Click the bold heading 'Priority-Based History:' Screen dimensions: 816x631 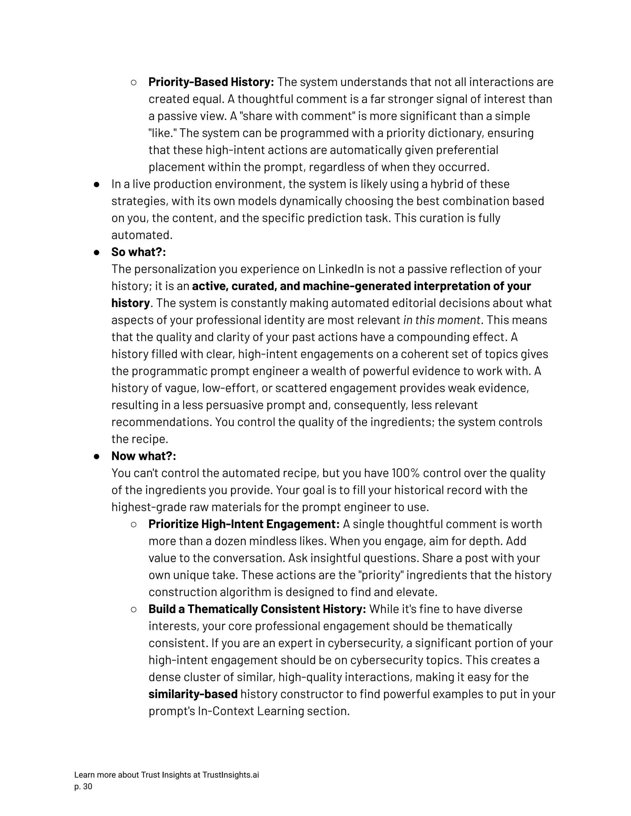211,82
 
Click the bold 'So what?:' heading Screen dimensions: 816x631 138,252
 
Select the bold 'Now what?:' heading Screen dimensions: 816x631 144,456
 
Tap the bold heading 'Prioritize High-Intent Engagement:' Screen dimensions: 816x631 244,524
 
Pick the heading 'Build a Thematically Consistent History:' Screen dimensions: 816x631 257,609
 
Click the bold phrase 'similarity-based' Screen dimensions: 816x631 193,694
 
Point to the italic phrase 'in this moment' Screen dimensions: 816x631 442,320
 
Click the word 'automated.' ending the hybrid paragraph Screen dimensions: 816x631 142,235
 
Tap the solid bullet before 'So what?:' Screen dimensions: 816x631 96,252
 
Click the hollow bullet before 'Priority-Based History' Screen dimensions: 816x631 133,83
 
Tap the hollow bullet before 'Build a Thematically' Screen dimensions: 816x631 133,609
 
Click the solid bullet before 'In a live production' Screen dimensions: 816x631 96,184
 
